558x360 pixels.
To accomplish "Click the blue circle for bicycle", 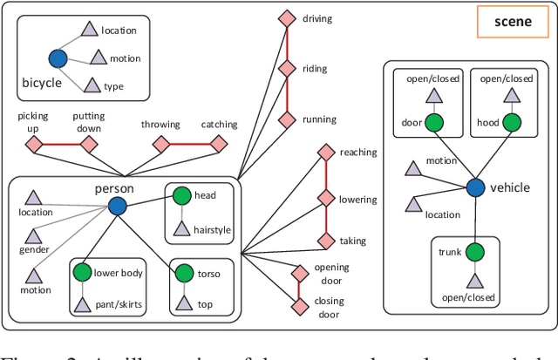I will pos(58,58).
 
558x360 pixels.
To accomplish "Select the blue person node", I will pos(117,205).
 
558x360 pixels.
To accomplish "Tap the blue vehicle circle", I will pos(475,187).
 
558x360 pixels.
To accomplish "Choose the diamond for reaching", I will pos(325,153).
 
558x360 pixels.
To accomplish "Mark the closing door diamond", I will pos(300,303).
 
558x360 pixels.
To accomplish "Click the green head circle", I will pos(180,196).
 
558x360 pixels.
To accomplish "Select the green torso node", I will pos(184,274).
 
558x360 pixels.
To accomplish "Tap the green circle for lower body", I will pos(82,273).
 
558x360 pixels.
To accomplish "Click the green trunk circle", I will pos(476,253).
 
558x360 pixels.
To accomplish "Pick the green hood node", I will pos(513,123).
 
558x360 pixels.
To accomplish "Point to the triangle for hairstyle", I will pos(180,229).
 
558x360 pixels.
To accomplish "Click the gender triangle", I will pos(33,236).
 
